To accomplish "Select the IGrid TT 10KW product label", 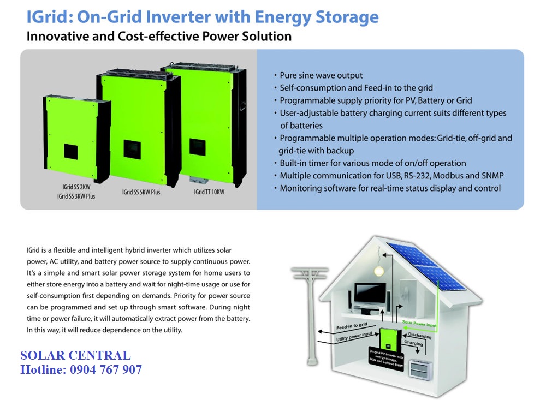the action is (209, 192).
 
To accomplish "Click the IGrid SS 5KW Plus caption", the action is (141, 192).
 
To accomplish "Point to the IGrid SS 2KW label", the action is (76, 187).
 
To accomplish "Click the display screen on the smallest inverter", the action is (70, 152).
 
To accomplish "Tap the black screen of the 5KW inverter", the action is (132, 149).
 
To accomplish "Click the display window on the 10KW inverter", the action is (198, 147).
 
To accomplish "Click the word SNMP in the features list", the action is (492, 176).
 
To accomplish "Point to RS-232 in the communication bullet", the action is (417, 176).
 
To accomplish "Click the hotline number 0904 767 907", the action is (106, 369).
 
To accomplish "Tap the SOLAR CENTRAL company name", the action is (75, 355).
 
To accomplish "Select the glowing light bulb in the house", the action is (379, 270).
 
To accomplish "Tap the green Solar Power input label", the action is (419, 324).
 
